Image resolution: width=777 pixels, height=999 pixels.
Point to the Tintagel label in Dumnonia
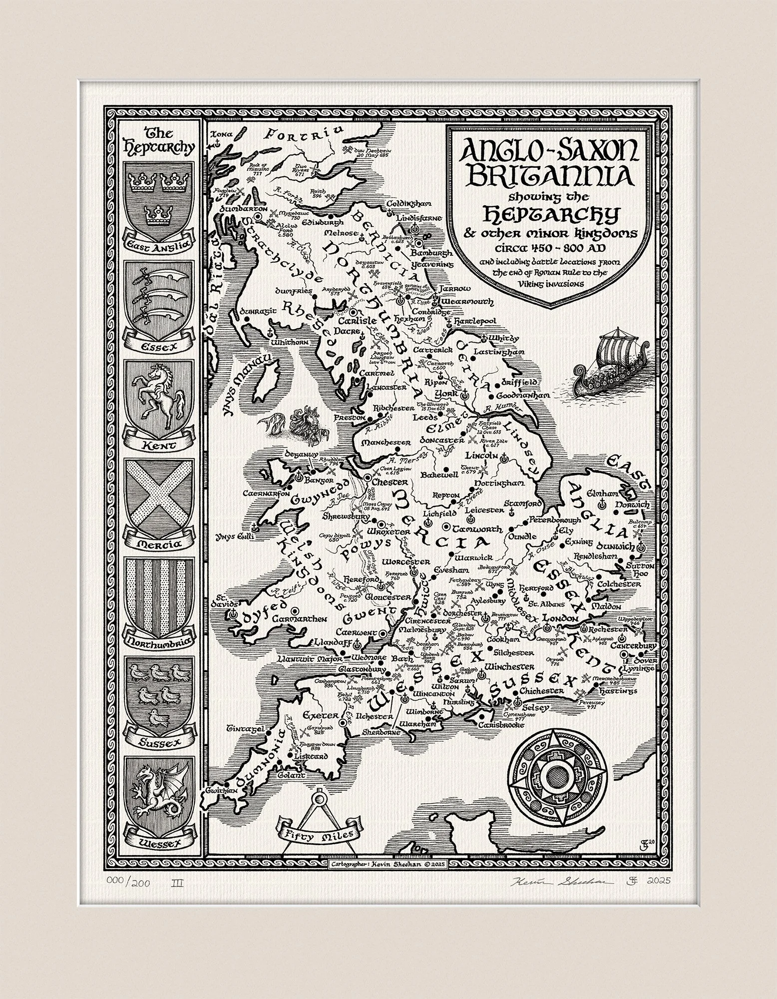pos(244,729)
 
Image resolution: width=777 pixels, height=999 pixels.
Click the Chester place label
pos(391,483)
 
